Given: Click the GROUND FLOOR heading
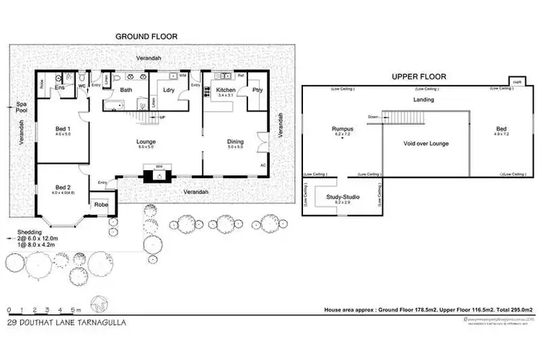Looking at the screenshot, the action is click(147, 36).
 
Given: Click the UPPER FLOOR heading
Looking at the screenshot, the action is click(419, 76).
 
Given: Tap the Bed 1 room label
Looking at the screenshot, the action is click(62, 129).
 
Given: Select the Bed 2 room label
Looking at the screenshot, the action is click(63, 187).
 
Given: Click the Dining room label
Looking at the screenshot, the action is click(235, 141).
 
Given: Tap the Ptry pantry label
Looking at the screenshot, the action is click(257, 90).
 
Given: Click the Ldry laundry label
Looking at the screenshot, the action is click(170, 90).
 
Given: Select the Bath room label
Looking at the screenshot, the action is click(126, 90).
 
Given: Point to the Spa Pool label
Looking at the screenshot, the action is click(22, 108).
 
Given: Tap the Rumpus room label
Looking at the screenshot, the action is click(343, 130).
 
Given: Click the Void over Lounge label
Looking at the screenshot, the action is click(425, 144).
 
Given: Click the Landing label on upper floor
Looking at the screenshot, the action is click(422, 100).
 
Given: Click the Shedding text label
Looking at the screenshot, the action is click(30, 232).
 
